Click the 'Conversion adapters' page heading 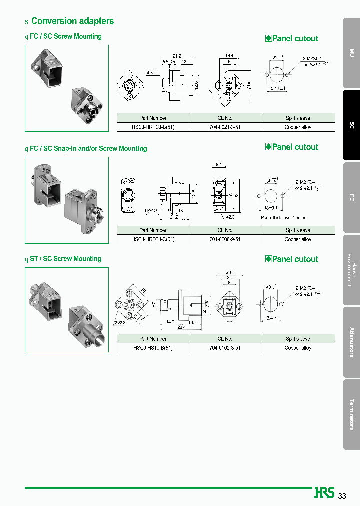pos(72,21)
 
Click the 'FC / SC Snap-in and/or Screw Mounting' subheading pos(88,148)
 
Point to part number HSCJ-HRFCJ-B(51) pos(153,127)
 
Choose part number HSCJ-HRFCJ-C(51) pos(153,239)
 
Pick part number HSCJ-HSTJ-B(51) pos(153,348)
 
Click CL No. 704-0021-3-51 pos(225,127)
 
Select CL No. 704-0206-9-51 pos(225,239)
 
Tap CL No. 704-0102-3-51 pos(225,348)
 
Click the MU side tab pos(351,53)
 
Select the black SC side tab pos(351,125)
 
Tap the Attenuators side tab pos(351,342)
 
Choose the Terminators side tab pos(351,414)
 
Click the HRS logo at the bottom pos(324,493)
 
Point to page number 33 pos(342,496)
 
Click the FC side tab pos(351,197)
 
